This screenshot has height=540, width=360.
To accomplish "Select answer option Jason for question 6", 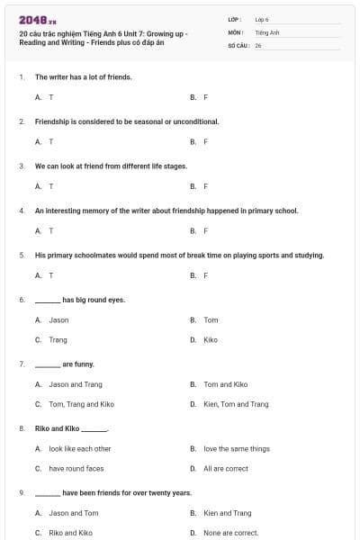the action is (58, 319).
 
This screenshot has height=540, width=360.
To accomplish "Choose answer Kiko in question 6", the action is (211, 340).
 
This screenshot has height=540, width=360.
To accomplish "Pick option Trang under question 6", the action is (58, 340).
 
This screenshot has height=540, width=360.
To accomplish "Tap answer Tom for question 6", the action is (211, 319).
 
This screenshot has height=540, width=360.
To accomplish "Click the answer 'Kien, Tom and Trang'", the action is (236, 404).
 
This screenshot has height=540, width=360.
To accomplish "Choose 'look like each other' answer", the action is (80, 448).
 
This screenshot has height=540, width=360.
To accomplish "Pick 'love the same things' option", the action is (236, 448).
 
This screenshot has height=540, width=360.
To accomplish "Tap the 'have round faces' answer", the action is (76, 469).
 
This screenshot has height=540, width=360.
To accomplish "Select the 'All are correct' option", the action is (225, 469).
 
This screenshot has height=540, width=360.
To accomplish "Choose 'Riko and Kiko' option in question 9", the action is (70, 533).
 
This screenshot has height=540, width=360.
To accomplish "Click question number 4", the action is (22, 211).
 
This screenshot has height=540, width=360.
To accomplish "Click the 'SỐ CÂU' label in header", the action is (238, 44).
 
